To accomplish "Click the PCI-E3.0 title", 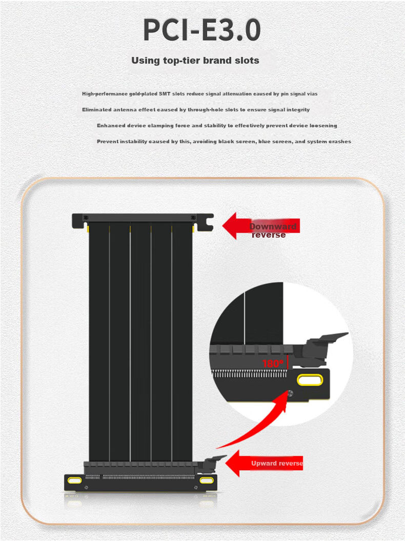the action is [202, 30].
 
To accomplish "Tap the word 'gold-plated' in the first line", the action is [143, 94].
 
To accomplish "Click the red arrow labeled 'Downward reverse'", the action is [261, 226].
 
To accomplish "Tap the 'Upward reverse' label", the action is [277, 463].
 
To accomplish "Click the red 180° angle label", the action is [273, 363].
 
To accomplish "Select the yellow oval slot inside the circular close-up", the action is [310, 380].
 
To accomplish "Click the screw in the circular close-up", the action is [290, 393].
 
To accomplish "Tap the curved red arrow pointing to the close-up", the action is [255, 425].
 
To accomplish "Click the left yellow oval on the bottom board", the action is [74, 480].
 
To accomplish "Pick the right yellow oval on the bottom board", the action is [206, 480].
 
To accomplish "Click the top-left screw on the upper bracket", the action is [86, 217].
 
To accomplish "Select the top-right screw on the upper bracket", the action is [193, 217].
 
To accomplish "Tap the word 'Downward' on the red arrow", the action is [273, 226].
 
